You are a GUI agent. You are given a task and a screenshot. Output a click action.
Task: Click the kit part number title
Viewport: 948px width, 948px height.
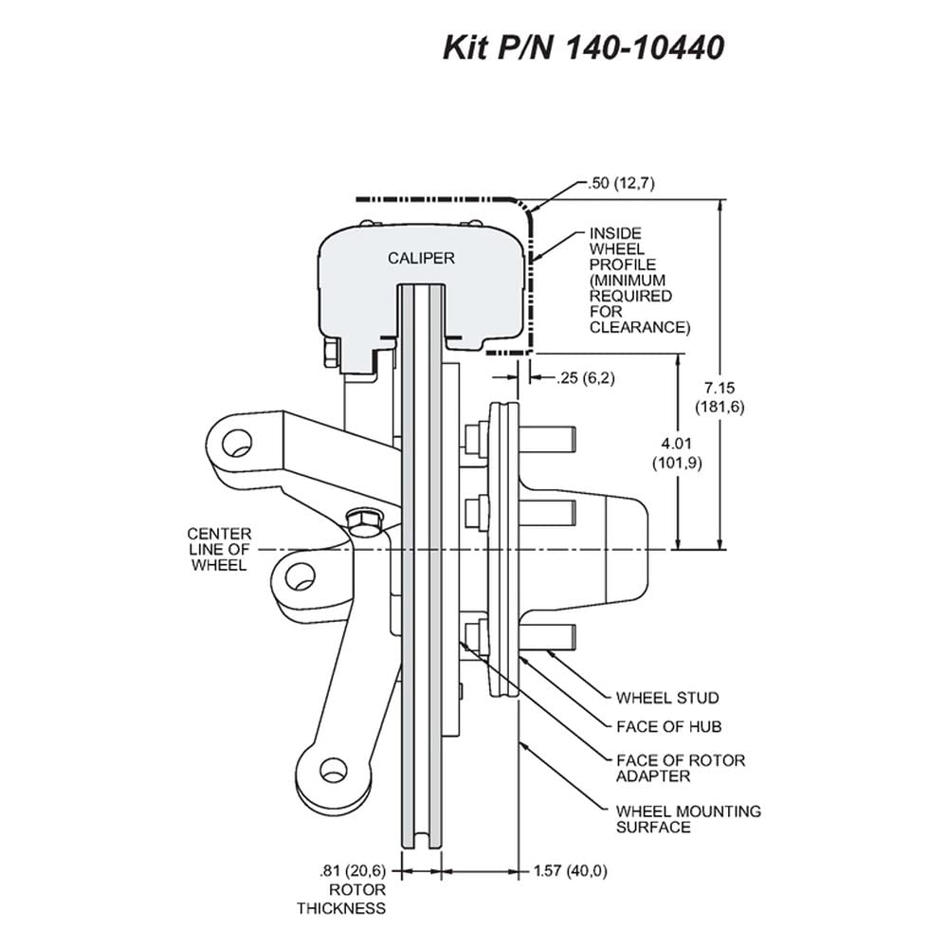(583, 47)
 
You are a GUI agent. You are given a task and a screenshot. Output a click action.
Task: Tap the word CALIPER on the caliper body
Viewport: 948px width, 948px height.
(421, 258)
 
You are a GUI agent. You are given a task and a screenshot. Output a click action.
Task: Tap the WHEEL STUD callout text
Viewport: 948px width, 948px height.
(667, 698)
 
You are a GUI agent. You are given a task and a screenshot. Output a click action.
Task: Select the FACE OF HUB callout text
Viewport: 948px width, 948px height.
(668, 726)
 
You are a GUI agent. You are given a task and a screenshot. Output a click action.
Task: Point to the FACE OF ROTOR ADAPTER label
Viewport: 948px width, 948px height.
(680, 768)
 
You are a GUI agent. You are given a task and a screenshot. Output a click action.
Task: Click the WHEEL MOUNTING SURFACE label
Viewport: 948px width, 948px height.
(688, 819)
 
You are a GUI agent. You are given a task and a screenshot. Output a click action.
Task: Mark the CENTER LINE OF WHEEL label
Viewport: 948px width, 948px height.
(219, 550)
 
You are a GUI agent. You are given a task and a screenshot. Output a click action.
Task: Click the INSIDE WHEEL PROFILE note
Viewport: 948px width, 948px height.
(640, 281)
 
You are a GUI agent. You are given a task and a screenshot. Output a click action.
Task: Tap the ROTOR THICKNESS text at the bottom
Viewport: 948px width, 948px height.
(341, 899)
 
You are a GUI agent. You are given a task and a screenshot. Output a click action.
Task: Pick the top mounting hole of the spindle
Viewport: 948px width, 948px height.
(236, 443)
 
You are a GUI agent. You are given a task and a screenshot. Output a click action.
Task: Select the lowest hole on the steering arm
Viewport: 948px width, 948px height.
(333, 770)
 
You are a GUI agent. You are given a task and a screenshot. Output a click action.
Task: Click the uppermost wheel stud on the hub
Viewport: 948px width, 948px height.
(547, 439)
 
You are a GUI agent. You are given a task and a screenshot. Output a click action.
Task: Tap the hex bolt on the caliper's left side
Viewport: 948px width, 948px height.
(332, 352)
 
